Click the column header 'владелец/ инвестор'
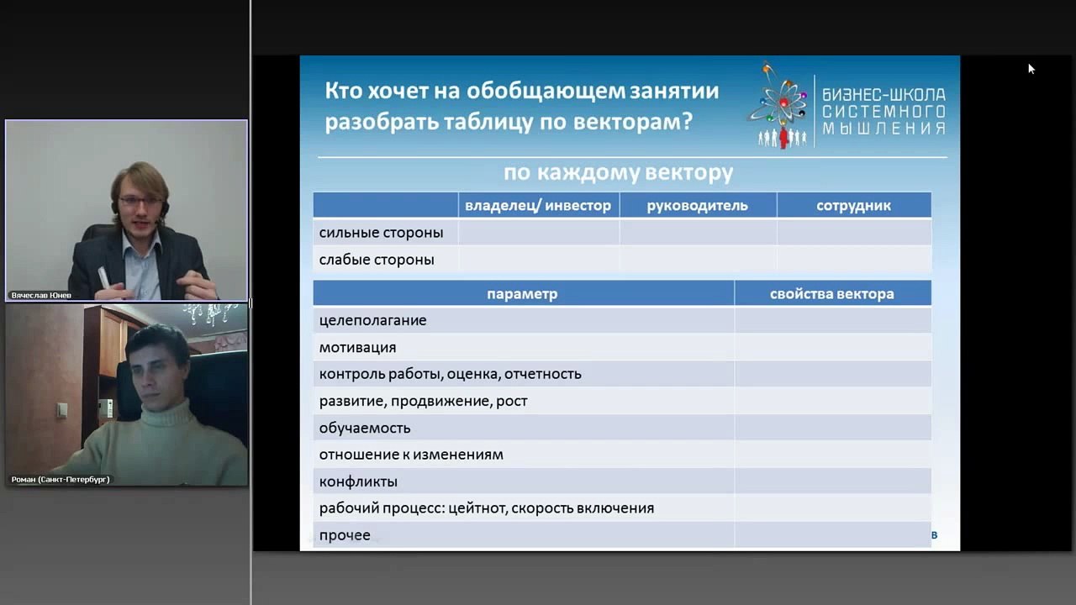(538, 206)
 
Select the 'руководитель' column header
(697, 206)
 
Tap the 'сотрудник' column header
(853, 206)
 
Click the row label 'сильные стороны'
(381, 233)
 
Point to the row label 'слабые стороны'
(377, 260)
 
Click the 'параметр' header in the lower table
(522, 294)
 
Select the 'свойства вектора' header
(831, 294)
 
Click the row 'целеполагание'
(372, 320)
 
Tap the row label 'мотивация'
(357, 347)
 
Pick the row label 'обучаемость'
(365, 428)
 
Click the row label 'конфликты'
(358, 481)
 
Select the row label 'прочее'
(345, 535)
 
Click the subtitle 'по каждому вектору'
(618, 173)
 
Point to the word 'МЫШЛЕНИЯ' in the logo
(883, 129)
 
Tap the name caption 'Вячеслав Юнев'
(41, 296)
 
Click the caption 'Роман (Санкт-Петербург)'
(61, 480)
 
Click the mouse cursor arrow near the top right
(1031, 68)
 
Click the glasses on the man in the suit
(140, 202)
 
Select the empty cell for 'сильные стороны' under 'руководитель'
(698, 233)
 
